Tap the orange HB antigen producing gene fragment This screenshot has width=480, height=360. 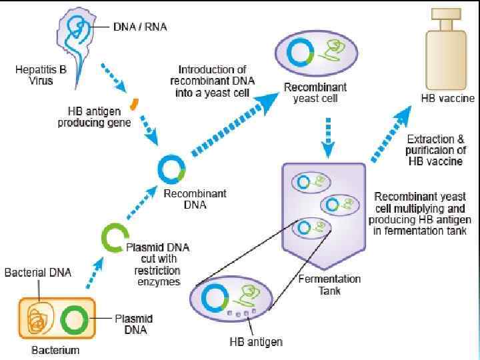tap(134, 104)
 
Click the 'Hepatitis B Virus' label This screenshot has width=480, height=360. tap(34, 75)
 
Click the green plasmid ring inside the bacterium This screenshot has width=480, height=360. tap(73, 321)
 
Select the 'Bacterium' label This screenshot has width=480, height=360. tap(56, 350)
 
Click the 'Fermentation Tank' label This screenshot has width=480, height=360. tap(339, 285)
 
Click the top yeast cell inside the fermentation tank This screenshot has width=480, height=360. tap(312, 182)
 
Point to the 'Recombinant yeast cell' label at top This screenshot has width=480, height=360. tap(315, 93)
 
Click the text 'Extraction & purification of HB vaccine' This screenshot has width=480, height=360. tap(435, 150)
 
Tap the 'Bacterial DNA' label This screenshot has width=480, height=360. tap(38, 273)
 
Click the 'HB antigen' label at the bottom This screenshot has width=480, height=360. tap(255, 342)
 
